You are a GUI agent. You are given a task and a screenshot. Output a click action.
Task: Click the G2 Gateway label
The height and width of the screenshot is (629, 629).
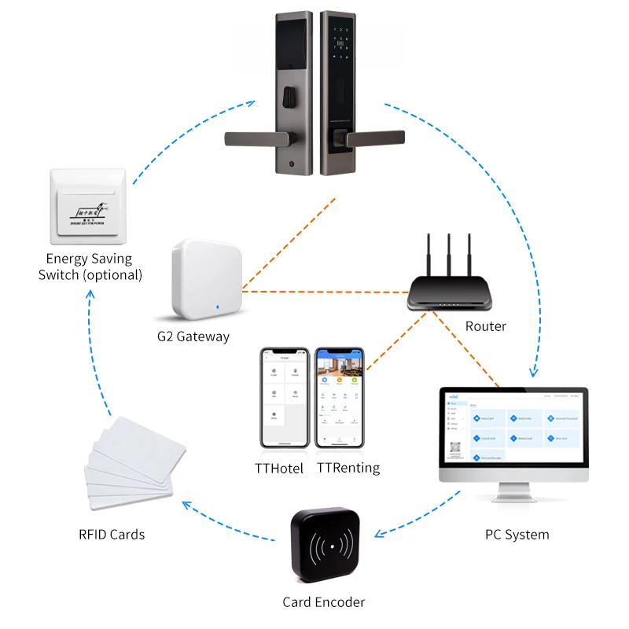point(193,337)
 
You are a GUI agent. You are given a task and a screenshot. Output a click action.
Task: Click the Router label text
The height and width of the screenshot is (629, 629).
point(486,326)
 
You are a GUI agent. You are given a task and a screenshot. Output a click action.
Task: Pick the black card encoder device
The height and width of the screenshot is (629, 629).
point(326,546)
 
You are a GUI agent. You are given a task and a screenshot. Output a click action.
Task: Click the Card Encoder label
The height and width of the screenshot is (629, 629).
point(324,602)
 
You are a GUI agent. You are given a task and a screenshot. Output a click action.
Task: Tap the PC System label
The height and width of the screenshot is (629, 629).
point(517,535)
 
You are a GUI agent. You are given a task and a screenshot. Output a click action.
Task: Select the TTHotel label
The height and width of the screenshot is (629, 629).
point(279,469)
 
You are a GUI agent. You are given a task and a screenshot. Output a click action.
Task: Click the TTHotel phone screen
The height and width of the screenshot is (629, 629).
point(284,397)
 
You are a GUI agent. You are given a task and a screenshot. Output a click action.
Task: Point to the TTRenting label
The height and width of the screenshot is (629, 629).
point(348,469)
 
